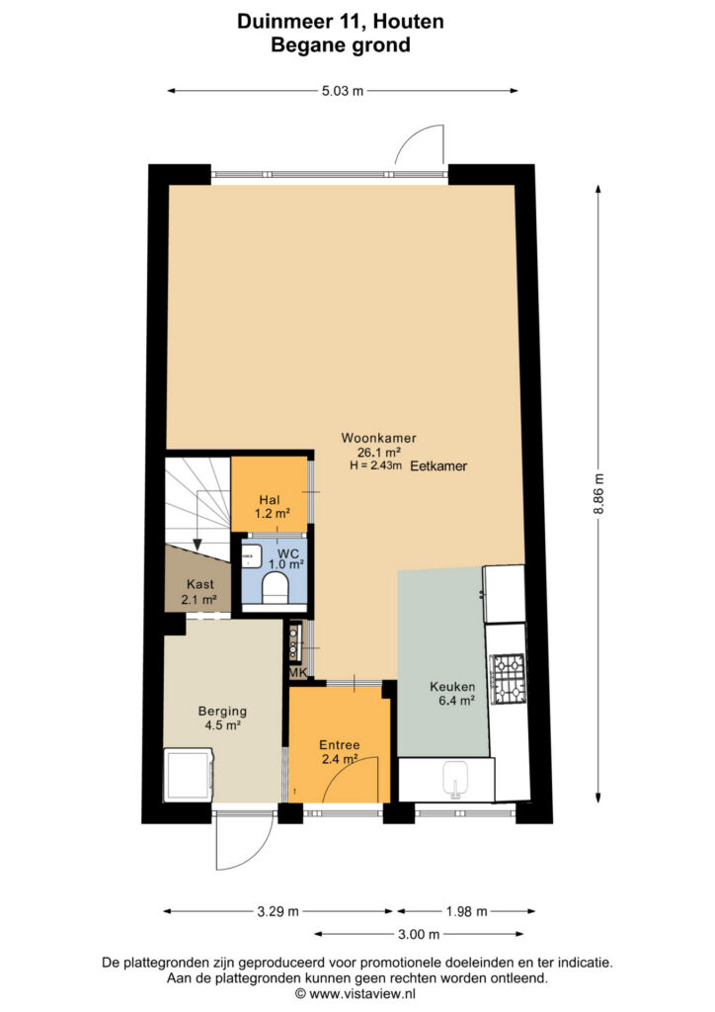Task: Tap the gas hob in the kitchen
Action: click(x=509, y=678)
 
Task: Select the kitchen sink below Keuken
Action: click(x=458, y=779)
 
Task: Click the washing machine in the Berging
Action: click(x=189, y=775)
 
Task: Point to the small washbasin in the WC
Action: click(x=251, y=556)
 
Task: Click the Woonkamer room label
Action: click(x=378, y=438)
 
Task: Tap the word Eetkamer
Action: click(x=439, y=466)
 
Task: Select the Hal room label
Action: click(x=270, y=499)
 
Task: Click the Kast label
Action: click(x=199, y=584)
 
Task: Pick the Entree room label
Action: click(x=340, y=745)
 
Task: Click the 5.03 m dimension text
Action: click(x=343, y=91)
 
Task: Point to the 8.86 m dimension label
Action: click(x=598, y=494)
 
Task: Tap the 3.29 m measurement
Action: click(x=278, y=911)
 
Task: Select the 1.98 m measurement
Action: click(x=467, y=911)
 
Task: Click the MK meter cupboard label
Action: click(x=298, y=672)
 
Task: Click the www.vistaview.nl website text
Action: click(x=361, y=993)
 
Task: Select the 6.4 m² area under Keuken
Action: click(x=456, y=701)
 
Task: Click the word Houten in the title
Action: click(x=408, y=22)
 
